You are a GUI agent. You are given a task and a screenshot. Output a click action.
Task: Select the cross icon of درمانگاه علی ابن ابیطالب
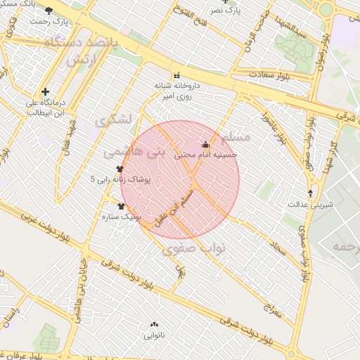coord(46,91)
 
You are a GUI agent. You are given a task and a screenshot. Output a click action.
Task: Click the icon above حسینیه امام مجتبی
coord(205,144)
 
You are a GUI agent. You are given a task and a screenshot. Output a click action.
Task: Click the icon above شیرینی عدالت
coord(310,193)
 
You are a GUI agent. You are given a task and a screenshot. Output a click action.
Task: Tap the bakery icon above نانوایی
coord(154,325)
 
